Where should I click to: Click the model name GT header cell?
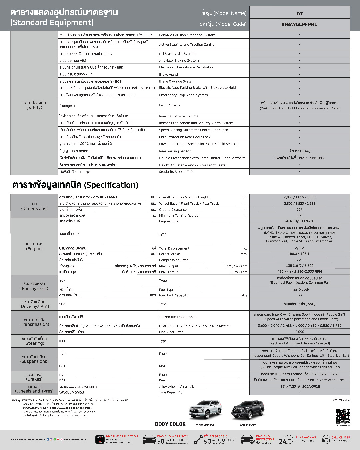point(299,14)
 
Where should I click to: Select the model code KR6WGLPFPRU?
point(299,24)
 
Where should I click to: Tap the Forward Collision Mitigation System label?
point(187,35)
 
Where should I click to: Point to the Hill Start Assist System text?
point(177,54)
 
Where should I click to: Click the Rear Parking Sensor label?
point(175,151)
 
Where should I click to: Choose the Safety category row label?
point(34,105)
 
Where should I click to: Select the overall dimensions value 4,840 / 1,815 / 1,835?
point(299,197)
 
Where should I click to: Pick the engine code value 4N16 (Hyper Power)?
point(299,221)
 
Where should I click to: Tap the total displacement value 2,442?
point(299,248)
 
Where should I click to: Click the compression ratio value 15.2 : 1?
point(299,260)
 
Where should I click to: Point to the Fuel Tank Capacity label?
point(173,295)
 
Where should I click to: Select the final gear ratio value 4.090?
point(299,332)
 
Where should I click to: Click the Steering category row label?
point(34,341)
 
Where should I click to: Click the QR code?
point(343,416)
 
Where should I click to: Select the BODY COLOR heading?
point(170,424)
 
